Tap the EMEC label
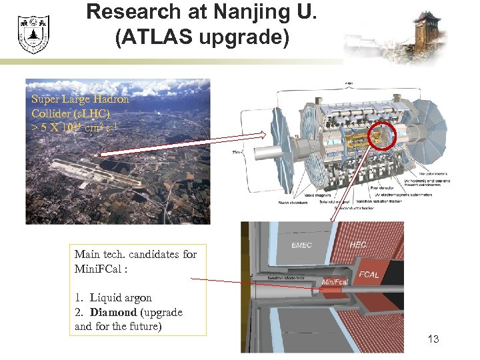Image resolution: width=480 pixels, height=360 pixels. [x=301, y=245]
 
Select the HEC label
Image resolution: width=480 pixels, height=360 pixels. [x=357, y=245]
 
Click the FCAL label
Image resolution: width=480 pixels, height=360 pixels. [x=369, y=274]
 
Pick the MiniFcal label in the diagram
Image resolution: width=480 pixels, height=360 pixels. [x=334, y=283]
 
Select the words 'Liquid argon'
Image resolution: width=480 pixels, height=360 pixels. [x=121, y=297]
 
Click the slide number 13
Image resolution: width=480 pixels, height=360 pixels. [x=433, y=339]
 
